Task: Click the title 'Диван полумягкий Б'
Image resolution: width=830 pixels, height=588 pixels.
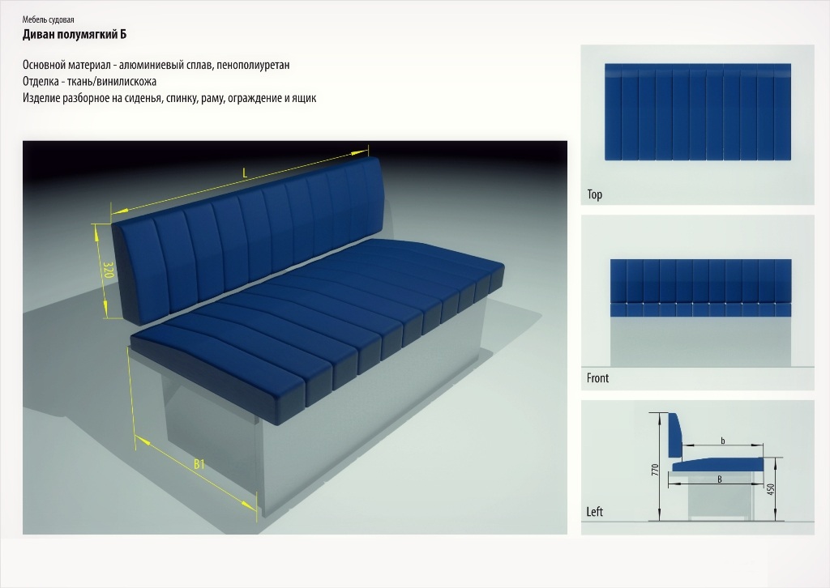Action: point(74,35)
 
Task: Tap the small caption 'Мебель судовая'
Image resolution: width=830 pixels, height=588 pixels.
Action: point(48,20)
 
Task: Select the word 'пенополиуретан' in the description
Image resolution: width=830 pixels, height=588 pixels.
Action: point(253,65)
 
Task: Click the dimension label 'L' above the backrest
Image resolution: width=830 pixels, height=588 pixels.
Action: point(245,173)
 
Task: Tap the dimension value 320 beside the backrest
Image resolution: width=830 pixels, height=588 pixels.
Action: point(108,270)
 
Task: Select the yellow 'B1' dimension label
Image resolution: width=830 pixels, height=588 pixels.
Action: point(199,464)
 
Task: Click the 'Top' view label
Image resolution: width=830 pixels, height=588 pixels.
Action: point(594,194)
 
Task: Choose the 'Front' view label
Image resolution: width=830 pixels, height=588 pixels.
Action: point(597,378)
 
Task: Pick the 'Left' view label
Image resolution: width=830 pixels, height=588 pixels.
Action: point(594,512)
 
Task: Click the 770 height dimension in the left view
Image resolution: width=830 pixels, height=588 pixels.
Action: point(655,470)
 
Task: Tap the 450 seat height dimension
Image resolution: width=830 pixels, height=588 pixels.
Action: point(771,490)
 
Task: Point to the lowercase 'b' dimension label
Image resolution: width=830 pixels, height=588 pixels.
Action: point(723,441)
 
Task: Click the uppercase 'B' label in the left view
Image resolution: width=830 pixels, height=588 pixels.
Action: point(720,479)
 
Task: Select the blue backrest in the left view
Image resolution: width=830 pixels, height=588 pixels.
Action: point(675,435)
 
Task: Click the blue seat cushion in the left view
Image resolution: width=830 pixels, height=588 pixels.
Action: point(718,465)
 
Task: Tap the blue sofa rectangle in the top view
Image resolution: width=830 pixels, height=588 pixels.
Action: point(698,112)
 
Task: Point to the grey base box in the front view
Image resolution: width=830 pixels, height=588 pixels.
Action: point(701,342)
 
